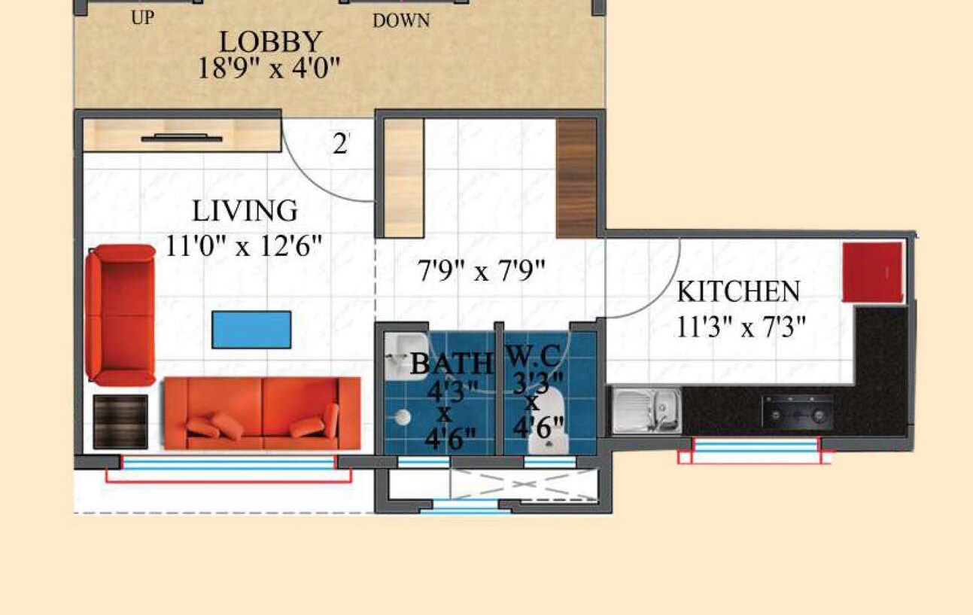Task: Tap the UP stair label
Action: pyautogui.click(x=141, y=17)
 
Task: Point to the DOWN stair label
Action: pyautogui.click(x=401, y=20)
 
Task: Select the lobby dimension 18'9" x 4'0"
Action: pyautogui.click(x=269, y=69)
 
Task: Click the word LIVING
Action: pyautogui.click(x=245, y=211)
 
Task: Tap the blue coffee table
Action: pyautogui.click(x=251, y=330)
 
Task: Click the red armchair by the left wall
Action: pyautogui.click(x=120, y=315)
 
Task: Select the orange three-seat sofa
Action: pyautogui.click(x=262, y=413)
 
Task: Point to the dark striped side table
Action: pyautogui.click(x=120, y=421)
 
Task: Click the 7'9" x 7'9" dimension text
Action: pyautogui.click(x=481, y=270)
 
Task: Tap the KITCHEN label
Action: pyautogui.click(x=737, y=291)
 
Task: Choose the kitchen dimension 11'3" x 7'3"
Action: pyautogui.click(x=741, y=327)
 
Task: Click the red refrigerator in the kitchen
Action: pyautogui.click(x=872, y=272)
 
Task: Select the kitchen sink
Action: pyautogui.click(x=646, y=411)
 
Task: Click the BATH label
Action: pyautogui.click(x=451, y=364)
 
